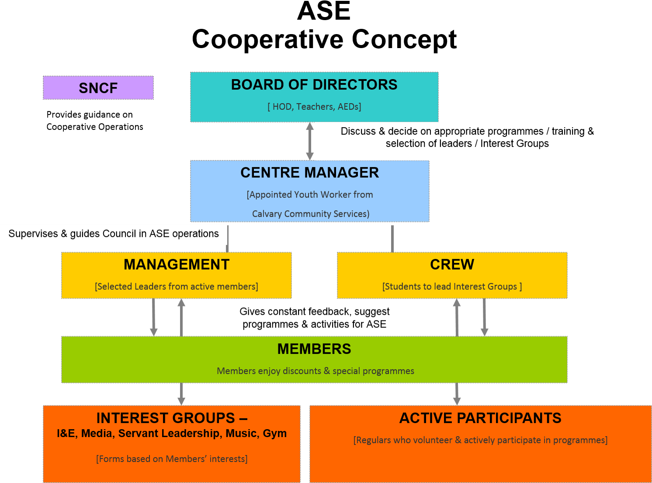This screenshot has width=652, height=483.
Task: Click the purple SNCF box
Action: pyautogui.click(x=98, y=88)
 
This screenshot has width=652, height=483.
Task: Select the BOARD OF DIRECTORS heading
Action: pyautogui.click(x=314, y=85)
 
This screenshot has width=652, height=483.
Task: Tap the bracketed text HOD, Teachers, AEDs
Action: pyautogui.click(x=314, y=107)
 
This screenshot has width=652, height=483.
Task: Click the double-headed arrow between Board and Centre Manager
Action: pyautogui.click(x=310, y=141)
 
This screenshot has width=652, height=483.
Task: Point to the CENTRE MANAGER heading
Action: pyautogui.click(x=309, y=173)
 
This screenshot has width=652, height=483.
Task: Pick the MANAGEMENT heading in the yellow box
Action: pyautogui.click(x=177, y=264)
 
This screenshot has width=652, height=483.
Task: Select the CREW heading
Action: pyautogui.click(x=452, y=264)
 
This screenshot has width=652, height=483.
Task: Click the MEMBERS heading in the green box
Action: pyautogui.click(x=314, y=349)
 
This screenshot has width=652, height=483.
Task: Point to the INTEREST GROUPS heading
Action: pyautogui.click(x=172, y=418)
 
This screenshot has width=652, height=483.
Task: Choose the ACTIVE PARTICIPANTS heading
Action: pyautogui.click(x=480, y=418)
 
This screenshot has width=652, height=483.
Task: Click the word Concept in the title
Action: pyautogui.click(x=404, y=39)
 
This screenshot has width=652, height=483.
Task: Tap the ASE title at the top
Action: pyautogui.click(x=324, y=11)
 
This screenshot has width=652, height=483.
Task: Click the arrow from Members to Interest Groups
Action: pyautogui.click(x=181, y=394)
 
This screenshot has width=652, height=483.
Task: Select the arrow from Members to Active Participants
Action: pyautogui.click(x=457, y=394)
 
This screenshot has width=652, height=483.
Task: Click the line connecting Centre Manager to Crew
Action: pyautogui.click(x=392, y=239)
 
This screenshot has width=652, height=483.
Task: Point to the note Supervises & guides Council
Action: pyautogui.click(x=114, y=233)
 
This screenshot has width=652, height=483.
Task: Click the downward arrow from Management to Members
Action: pyautogui.click(x=153, y=317)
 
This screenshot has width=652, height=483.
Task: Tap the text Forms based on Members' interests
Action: pyautogui.click(x=172, y=459)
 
